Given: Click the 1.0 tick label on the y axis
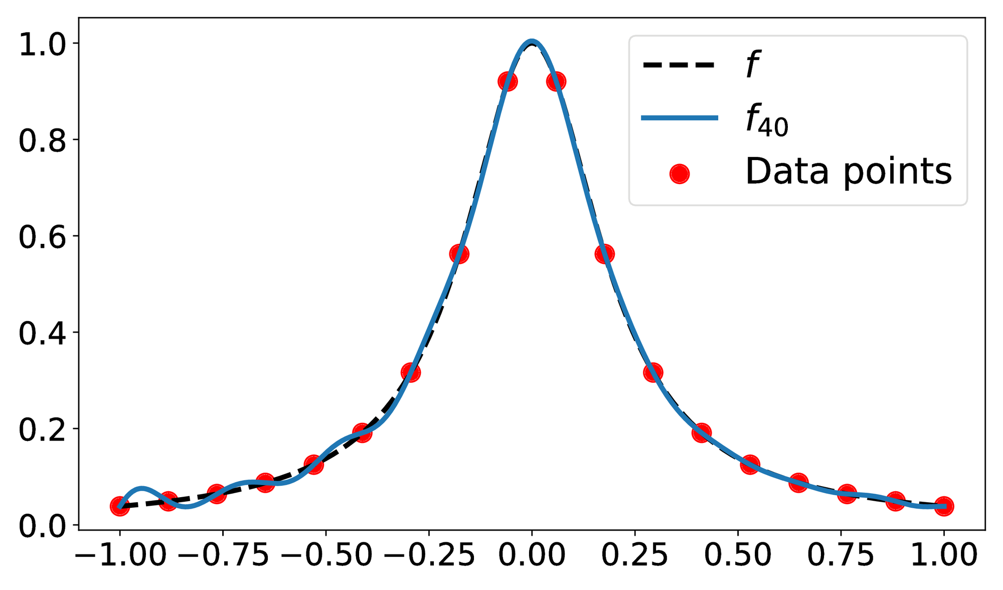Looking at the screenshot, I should pos(42,45).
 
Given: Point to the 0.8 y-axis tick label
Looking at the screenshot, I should pos(42,141).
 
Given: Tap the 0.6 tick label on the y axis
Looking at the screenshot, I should pos(42,237).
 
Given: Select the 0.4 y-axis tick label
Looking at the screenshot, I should pos(42,334).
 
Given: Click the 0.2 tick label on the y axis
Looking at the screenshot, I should pos(42,430).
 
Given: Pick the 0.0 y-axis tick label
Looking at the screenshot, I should pos(42,526).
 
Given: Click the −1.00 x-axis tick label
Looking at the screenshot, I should pos(120,556).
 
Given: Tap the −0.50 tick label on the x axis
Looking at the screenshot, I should pos(326,556).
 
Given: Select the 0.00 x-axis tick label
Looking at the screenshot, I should pos(532,556).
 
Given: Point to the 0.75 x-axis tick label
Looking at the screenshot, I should pos(841,556).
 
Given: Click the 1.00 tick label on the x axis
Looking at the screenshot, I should pos(944,556).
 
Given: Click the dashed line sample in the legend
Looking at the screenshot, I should pos(678,65).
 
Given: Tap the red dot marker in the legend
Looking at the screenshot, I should pos(680,174).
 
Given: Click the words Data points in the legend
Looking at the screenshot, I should pos(848,172).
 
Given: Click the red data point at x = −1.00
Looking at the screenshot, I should pos(119,506).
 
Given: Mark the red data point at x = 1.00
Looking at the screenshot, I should pos(944,506).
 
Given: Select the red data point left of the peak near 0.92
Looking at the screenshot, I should pos(508,81).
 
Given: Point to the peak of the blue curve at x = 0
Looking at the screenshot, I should pos(532,41).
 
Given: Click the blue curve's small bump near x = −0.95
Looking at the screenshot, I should pos(142,488).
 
